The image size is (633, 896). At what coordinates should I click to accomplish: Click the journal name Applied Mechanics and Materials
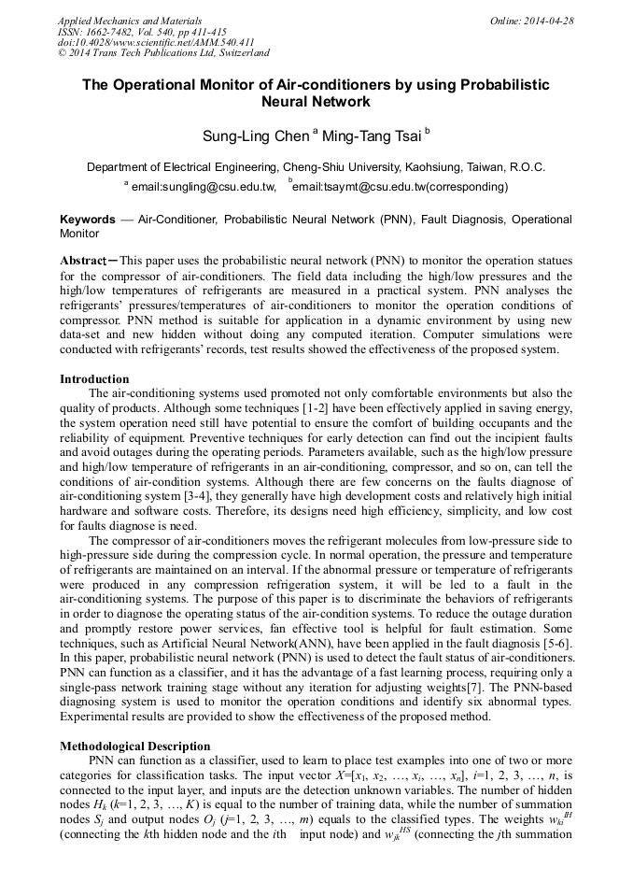coord(129,20)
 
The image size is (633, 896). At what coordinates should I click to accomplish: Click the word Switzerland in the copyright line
coord(237,53)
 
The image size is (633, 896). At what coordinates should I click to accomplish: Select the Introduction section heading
coord(94,379)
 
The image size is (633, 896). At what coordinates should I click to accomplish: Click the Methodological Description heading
coord(135,747)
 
